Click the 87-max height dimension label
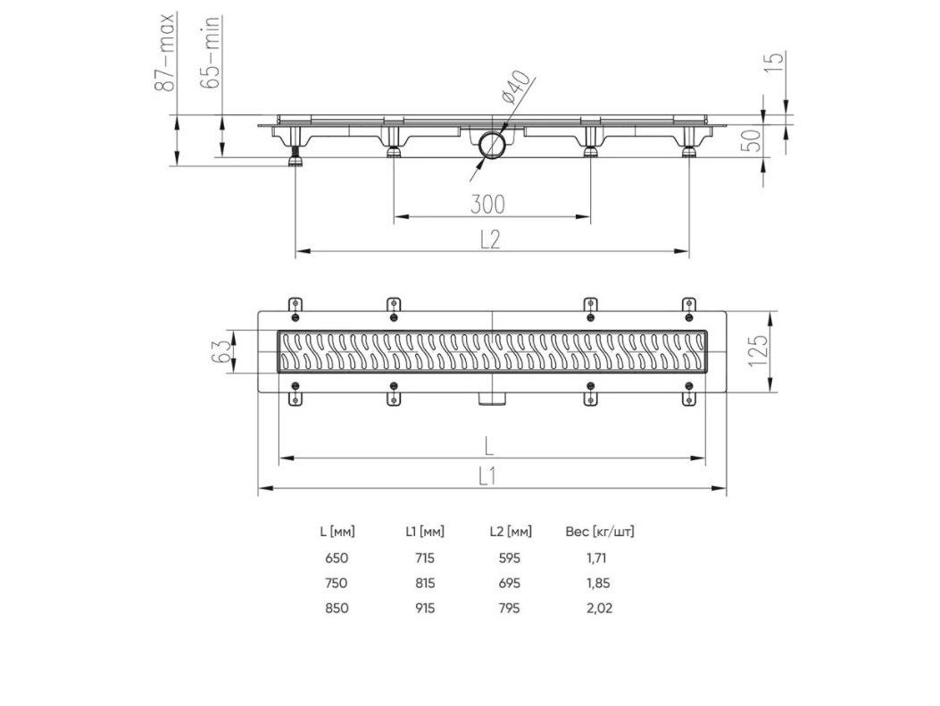pos(164,53)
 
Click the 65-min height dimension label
pos(211,53)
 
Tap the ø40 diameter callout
pos(515,88)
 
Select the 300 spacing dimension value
pos(487,204)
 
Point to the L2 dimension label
pos(490,240)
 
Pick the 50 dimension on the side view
pos(753,140)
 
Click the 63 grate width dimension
pos(220,351)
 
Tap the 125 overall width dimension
pos(758,351)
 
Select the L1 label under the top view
pos(487,476)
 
